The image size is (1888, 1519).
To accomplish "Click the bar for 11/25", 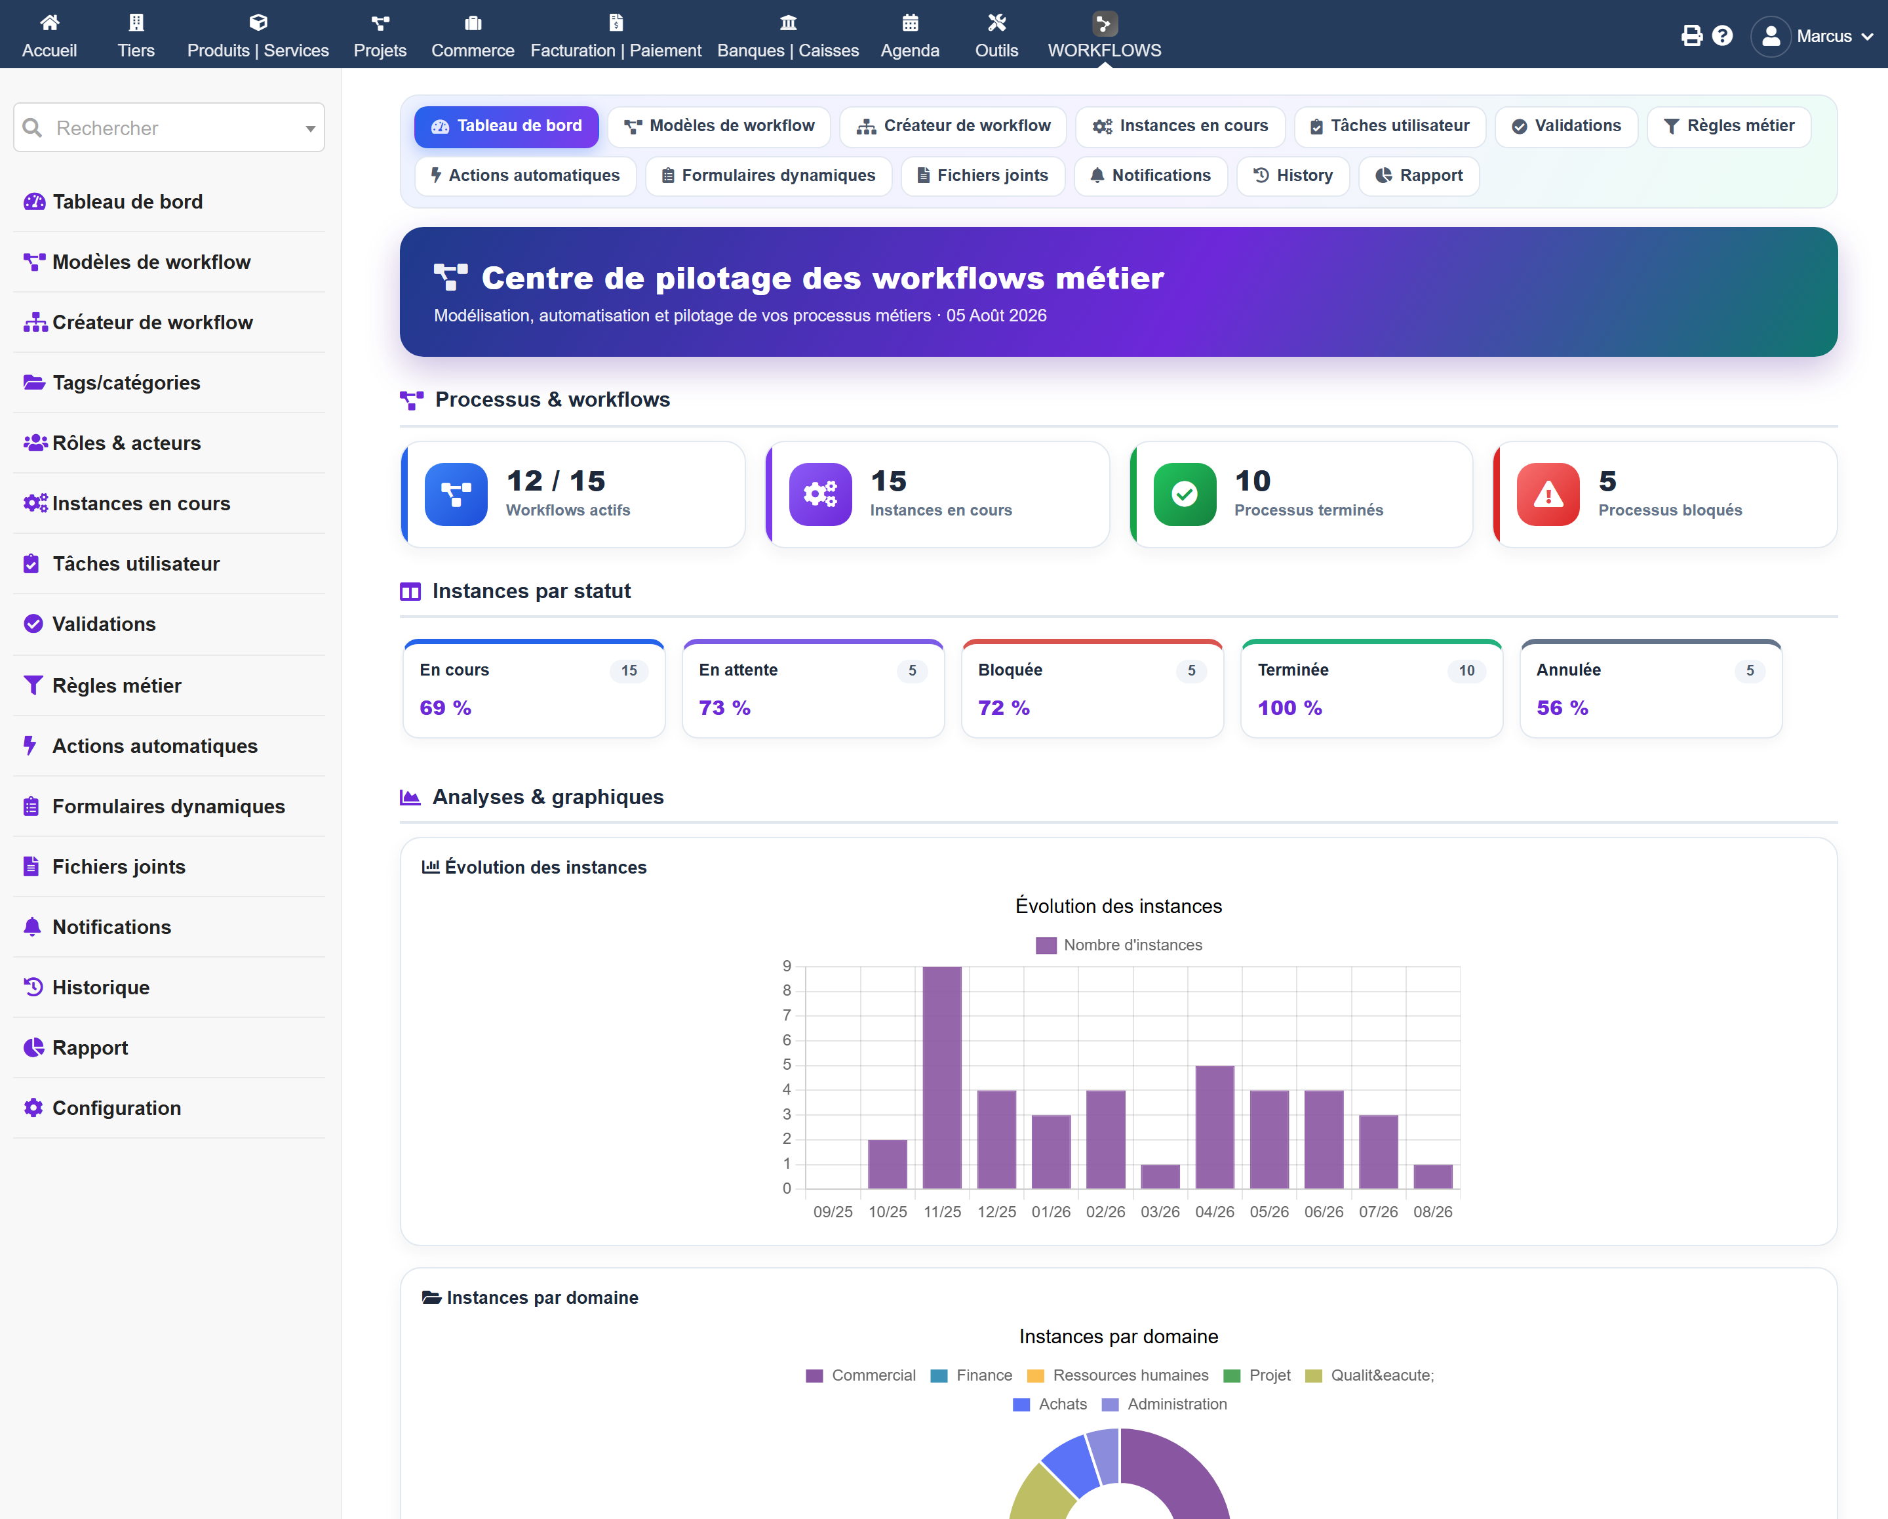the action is (941, 1077).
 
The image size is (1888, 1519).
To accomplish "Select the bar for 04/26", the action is (1215, 1127).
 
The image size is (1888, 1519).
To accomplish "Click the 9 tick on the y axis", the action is (787, 965).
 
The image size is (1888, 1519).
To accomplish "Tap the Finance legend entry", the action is (971, 1375).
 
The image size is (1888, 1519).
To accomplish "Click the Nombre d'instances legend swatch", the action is (1046, 945).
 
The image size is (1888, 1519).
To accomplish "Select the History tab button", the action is (1293, 175).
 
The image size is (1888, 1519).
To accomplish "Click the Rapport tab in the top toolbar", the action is (1419, 175).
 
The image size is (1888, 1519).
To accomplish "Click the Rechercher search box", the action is (169, 128).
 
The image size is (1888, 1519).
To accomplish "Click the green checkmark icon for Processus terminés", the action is (1185, 494).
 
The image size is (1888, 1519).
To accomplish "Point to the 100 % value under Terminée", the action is (1290, 708).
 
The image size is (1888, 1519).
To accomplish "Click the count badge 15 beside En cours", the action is (629, 671).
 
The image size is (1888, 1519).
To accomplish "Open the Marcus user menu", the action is (1813, 36).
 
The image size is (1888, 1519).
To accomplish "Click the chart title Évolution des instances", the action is (1118, 906).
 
